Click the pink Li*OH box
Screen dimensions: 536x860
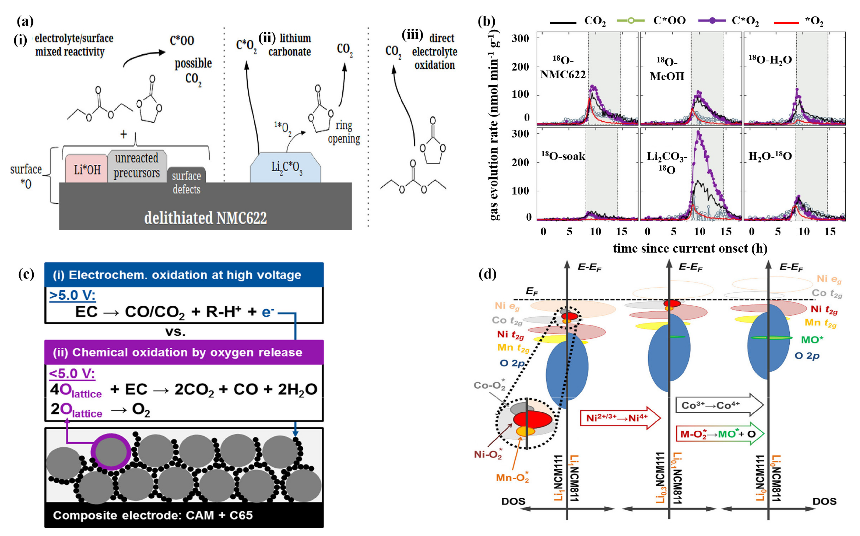(x=87, y=170)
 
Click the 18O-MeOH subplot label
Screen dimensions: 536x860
(x=667, y=69)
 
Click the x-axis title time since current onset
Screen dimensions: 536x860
(x=690, y=248)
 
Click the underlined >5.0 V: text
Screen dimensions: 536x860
(x=72, y=295)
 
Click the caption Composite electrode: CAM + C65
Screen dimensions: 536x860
(x=153, y=515)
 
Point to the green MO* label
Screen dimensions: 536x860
(x=812, y=340)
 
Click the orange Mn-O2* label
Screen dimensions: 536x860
(x=512, y=478)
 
